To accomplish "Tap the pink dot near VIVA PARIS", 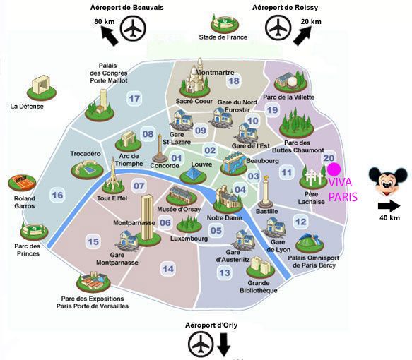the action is coord(334,169).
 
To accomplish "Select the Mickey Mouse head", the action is coord(388,181).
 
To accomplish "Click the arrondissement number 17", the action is coord(134,99).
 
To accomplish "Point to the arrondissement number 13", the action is coord(225,273).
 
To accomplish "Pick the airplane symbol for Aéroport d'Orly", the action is coord(201,344).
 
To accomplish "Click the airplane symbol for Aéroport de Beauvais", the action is coord(133,28).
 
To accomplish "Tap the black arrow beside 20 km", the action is coord(302,36).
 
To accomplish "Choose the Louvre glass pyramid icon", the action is coord(194,176).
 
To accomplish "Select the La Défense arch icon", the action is coord(42,88).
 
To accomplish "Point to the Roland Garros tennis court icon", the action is coord(22,183).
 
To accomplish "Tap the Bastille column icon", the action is coord(266,192).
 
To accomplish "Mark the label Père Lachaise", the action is coord(312,198).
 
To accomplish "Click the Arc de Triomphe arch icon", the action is coord(129,141).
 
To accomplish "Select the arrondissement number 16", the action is coord(57,195).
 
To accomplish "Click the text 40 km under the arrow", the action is coord(389,218).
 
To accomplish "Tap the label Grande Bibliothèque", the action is coord(259,287).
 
